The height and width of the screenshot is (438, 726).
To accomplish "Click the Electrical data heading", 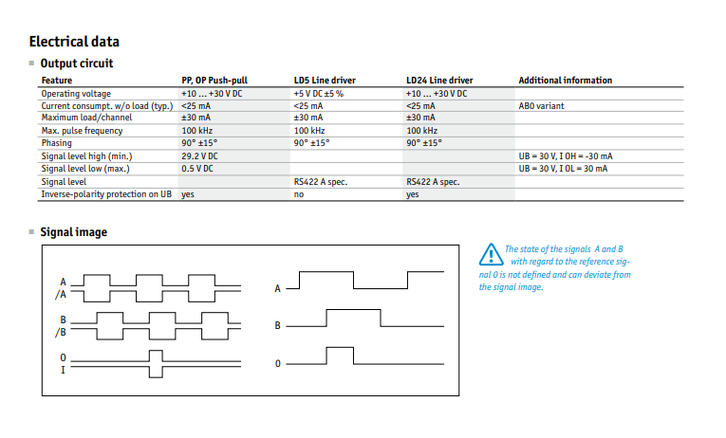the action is [x=74, y=42].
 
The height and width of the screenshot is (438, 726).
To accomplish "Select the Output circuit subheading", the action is [x=77, y=64].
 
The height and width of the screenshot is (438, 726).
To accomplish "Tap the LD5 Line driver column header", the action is [x=325, y=81].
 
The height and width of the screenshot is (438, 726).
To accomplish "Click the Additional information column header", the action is [x=565, y=81].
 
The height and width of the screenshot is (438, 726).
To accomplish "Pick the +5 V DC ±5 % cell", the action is [x=319, y=94].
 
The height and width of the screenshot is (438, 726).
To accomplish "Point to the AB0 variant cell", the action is [x=541, y=106].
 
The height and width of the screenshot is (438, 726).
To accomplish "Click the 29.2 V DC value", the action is [x=199, y=156].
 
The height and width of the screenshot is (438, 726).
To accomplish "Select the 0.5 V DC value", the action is [x=197, y=169].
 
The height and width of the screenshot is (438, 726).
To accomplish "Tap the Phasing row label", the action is [x=57, y=143].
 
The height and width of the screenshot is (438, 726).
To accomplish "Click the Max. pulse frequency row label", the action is [x=82, y=131].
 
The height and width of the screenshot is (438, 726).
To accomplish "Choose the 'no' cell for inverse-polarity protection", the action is [x=299, y=194].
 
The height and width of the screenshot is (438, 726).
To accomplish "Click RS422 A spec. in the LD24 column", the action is [x=433, y=182].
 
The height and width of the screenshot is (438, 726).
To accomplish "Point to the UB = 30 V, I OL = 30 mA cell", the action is [x=563, y=169].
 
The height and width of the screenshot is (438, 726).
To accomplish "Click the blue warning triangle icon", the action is [x=491, y=255].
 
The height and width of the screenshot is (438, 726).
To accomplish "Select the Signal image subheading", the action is [x=74, y=232].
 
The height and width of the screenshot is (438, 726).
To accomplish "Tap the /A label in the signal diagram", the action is [x=61, y=295].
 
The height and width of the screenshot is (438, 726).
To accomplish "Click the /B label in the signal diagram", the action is [x=61, y=333].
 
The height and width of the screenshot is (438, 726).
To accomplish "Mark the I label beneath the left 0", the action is [x=63, y=370].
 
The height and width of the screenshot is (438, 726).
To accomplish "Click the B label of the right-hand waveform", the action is [x=277, y=325].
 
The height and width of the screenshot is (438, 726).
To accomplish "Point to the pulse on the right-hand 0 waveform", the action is [x=340, y=348].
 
